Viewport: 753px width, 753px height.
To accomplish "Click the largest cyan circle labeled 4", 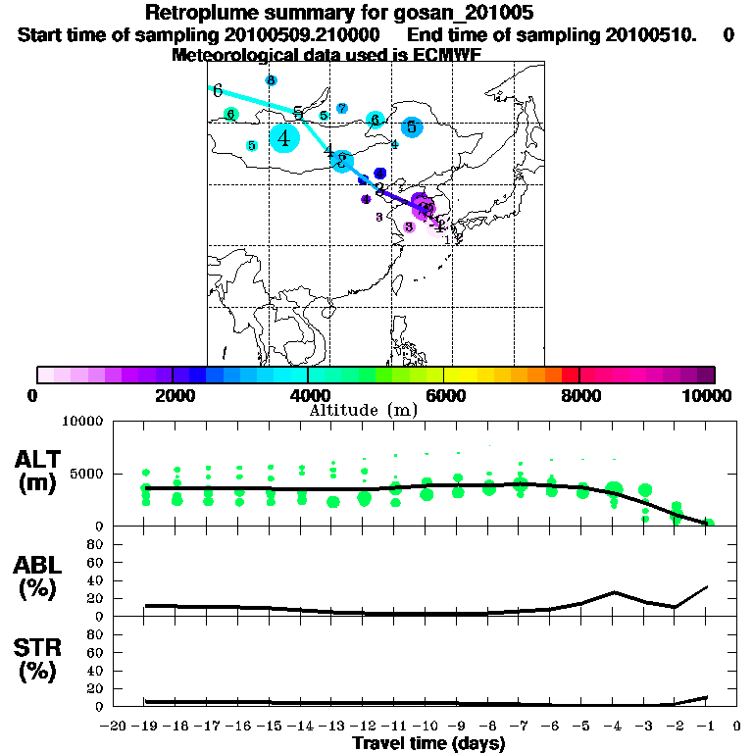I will [284, 138].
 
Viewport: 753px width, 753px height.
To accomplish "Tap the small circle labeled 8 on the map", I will [271, 80].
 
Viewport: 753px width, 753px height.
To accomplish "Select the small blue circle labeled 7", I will [341, 108].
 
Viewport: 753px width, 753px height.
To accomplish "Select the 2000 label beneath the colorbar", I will [173, 395].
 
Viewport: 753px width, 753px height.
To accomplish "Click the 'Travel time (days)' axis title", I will [428, 744].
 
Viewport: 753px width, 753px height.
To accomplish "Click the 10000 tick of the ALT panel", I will [83, 422].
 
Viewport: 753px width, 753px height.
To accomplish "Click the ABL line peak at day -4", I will [614, 592].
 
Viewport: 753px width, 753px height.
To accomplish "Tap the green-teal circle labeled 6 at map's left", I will [230, 115].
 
